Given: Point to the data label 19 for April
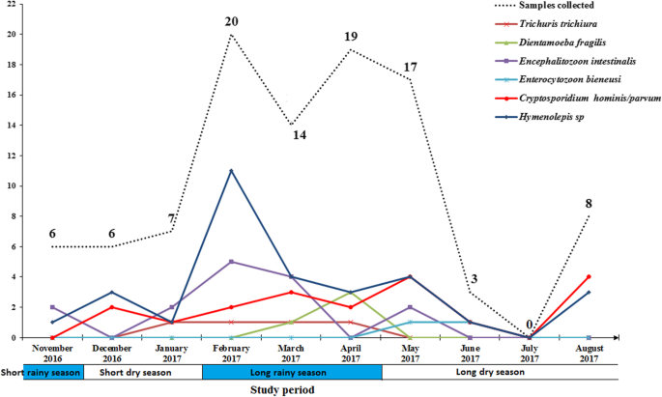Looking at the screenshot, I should (x=351, y=37).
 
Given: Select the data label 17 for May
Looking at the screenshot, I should (x=410, y=67).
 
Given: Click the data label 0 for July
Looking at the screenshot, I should (x=530, y=325).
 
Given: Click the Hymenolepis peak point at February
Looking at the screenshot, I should (x=231, y=171).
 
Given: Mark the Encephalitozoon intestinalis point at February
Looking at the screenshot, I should (x=231, y=262).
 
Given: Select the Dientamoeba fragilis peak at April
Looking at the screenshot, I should (x=351, y=292).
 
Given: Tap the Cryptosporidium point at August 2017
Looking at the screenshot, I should (x=589, y=276).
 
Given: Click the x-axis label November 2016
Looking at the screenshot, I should (x=52, y=349).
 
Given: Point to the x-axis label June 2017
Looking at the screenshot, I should (x=470, y=349).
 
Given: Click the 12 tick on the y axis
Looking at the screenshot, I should (x=11, y=156).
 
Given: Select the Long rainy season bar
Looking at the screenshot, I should (x=292, y=372).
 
